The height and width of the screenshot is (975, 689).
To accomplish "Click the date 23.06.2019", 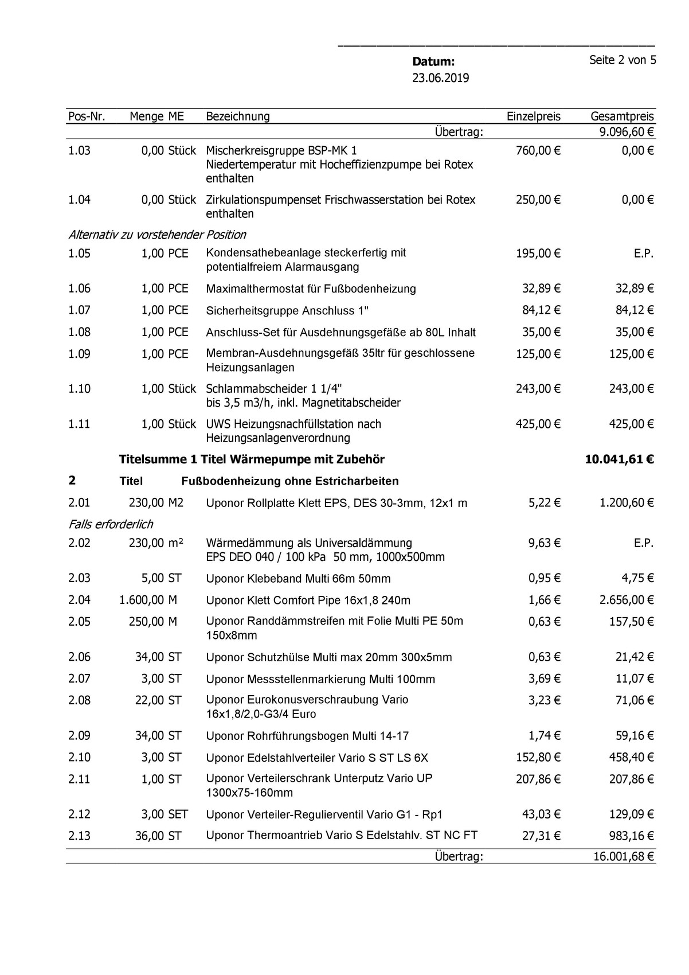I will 440,78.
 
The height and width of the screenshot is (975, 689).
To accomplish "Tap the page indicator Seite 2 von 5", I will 623,60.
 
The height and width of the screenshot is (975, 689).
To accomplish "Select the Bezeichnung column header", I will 237,116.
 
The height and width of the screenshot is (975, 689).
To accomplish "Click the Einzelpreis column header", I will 533,116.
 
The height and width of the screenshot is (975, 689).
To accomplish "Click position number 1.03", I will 79,151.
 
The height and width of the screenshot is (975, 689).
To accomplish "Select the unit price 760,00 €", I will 538,151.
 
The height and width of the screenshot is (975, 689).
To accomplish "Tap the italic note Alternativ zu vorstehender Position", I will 157,235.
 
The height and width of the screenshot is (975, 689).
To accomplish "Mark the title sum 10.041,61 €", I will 620,459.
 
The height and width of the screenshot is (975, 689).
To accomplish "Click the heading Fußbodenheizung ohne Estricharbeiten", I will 289,481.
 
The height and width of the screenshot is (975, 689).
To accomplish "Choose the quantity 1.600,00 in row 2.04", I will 142,600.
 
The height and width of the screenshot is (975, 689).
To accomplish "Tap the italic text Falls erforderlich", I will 111,524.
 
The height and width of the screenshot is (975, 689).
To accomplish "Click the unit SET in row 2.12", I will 178,814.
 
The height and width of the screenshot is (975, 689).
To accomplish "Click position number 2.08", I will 79,700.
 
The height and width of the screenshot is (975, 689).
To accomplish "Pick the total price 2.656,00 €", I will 627,600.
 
